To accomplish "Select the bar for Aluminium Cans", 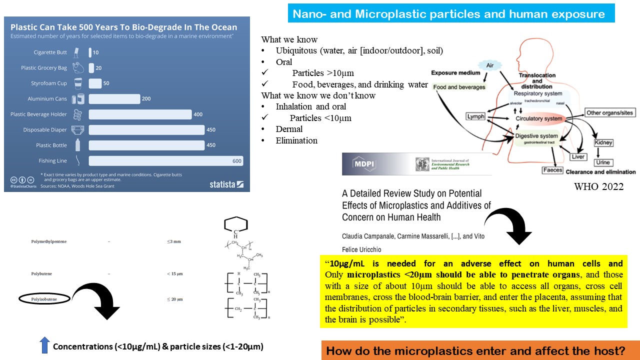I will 114,99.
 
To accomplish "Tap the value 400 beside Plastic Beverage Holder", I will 198,114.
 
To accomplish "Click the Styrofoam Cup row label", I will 45,83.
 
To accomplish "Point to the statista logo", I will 226,184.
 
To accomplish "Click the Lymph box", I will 475,116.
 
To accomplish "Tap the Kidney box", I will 603,143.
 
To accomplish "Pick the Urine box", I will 602,162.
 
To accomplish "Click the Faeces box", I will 552,170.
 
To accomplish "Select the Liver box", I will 577,157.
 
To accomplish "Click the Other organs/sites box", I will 609,113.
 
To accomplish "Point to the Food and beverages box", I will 459,87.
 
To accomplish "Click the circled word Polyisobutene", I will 44,298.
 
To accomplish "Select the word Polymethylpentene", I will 48,241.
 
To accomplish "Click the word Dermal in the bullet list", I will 289,129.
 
